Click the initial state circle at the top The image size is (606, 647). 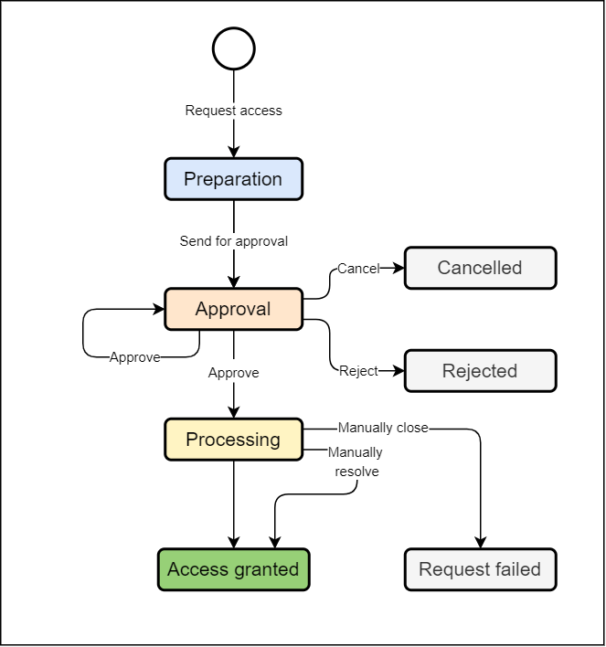233,48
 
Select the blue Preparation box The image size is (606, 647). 233,179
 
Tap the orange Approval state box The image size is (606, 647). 233,309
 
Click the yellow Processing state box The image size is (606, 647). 233,440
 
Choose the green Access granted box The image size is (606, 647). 233,569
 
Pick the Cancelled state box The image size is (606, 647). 480,268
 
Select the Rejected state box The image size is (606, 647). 480,371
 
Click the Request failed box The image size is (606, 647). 480,569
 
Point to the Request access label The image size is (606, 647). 233,111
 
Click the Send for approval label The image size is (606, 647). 233,241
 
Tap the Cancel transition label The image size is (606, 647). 358,269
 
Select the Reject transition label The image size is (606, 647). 358,371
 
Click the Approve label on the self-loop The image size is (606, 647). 134,357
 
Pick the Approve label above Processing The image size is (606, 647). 233,373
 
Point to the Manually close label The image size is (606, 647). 383,428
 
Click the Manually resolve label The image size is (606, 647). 356,462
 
